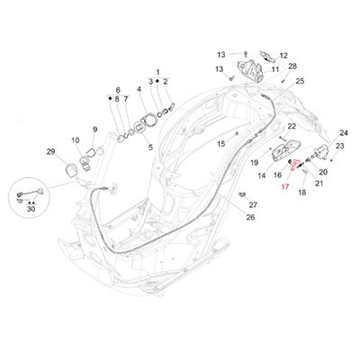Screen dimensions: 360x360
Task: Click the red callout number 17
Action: pos(285,187)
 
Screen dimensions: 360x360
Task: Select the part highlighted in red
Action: pos(294,165)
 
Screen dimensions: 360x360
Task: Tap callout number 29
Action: pos(50,152)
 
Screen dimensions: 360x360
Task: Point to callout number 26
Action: pos(250,217)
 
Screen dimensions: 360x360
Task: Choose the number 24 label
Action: pos(344,132)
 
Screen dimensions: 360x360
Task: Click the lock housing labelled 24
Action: pos(321,149)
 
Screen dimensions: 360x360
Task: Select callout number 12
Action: pos(283,56)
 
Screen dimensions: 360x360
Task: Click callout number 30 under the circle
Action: pos(31,209)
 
